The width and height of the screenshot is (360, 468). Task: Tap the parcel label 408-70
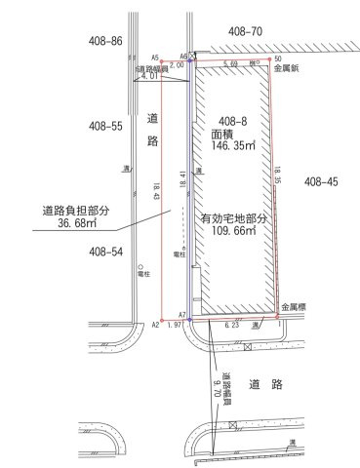tap(244, 31)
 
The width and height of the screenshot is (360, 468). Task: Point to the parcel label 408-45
tap(320, 181)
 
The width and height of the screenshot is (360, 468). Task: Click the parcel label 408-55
tap(104, 126)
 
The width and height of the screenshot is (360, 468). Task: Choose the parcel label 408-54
tap(104, 252)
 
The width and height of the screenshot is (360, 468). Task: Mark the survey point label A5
tap(154, 58)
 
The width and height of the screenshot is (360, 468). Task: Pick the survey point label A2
tap(155, 324)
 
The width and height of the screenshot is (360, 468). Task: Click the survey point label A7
tap(181, 315)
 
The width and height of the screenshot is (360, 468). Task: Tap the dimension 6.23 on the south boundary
tap(231, 324)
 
